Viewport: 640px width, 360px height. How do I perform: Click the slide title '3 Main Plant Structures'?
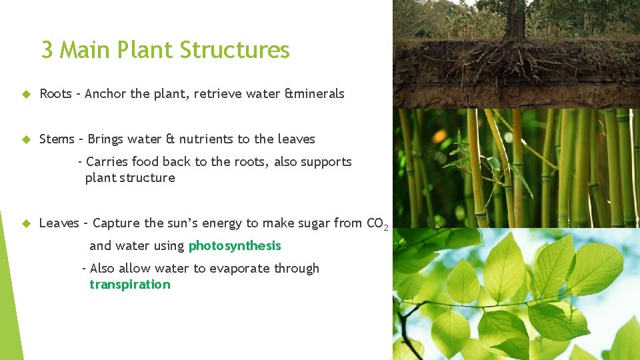tap(165, 50)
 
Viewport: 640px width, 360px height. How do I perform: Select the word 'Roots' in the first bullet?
tap(55, 94)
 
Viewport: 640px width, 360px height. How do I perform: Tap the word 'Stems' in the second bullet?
tap(57, 139)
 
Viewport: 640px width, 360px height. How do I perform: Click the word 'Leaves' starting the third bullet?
tap(59, 223)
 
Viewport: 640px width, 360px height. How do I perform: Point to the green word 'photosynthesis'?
tap(235, 246)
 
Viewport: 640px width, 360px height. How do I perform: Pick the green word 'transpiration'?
tap(130, 285)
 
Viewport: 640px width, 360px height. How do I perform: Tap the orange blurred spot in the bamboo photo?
tap(439, 137)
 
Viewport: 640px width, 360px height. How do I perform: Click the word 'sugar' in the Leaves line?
tap(287, 223)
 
